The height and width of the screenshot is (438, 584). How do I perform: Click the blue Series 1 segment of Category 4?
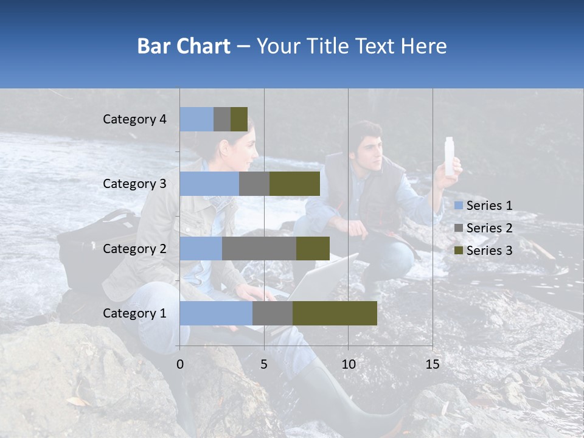tap(196, 119)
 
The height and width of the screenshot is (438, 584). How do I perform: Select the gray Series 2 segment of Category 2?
tap(259, 248)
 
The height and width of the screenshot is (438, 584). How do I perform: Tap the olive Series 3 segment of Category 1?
tap(335, 313)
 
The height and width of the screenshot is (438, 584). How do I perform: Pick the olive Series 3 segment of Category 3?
tap(294, 184)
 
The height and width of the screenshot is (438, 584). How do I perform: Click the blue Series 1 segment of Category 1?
tap(216, 313)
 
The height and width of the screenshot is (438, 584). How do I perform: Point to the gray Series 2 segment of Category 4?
tap(222, 119)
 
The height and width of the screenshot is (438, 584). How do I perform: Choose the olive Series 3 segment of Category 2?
tap(313, 248)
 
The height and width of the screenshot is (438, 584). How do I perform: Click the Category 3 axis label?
tap(134, 184)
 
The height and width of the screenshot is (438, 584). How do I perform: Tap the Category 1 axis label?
tap(134, 313)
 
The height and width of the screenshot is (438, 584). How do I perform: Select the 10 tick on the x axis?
tap(348, 364)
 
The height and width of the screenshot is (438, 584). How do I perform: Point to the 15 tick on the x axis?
tap(433, 364)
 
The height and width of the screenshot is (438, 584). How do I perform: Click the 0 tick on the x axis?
tap(180, 364)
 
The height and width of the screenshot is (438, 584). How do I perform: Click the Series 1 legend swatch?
tap(459, 206)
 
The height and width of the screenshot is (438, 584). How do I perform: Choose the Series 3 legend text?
tap(489, 251)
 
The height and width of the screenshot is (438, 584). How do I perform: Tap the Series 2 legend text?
tap(489, 228)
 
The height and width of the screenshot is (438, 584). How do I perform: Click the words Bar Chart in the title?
tap(184, 46)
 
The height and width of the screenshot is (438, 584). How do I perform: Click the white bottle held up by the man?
tap(451, 156)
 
